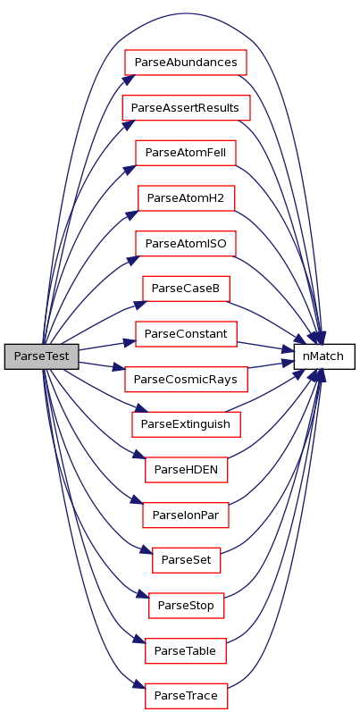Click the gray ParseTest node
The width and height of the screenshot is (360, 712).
click(x=42, y=356)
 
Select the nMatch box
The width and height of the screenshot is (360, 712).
click(x=324, y=356)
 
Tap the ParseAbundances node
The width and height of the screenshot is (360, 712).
click(x=186, y=63)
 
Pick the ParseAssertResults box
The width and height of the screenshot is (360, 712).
click(x=186, y=107)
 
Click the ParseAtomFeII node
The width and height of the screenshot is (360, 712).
click(x=186, y=153)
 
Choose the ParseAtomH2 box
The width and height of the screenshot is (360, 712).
click(x=186, y=198)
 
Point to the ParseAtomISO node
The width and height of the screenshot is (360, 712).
click(x=186, y=243)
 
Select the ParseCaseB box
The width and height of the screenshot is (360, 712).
click(x=186, y=289)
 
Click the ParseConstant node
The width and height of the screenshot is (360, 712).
click(x=186, y=334)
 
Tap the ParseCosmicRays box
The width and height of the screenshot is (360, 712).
click(x=186, y=379)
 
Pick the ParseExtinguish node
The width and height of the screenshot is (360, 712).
click(x=186, y=424)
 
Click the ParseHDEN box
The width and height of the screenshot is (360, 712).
click(x=186, y=470)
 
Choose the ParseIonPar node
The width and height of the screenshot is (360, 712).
click(x=186, y=515)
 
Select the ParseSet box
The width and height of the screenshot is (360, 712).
click(x=186, y=560)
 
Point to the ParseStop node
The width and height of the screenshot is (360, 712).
click(x=186, y=606)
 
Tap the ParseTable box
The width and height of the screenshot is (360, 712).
click(x=186, y=650)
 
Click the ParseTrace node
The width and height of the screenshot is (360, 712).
click(x=186, y=696)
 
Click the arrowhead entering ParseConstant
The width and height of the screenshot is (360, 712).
click(x=130, y=342)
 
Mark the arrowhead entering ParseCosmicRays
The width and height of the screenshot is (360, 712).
click(x=119, y=368)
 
